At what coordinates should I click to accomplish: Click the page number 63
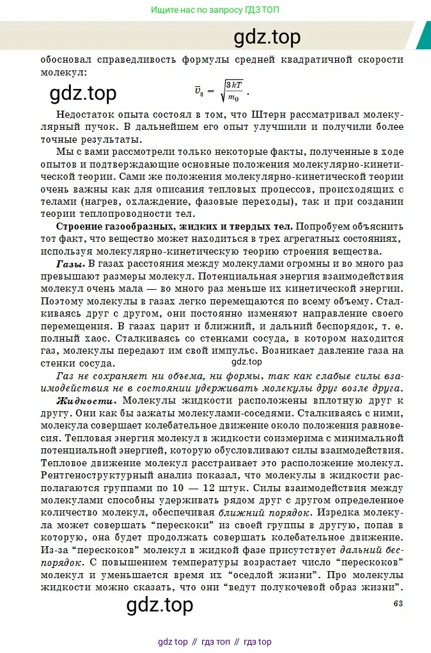[x=398, y=603]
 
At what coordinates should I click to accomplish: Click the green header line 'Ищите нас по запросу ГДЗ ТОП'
[x=215, y=10]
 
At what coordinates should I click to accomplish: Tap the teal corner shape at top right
[x=423, y=35]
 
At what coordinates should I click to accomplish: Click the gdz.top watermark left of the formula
[x=83, y=93]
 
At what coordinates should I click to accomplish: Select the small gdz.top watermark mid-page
[x=246, y=361]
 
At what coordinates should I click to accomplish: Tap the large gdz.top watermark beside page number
[x=160, y=604]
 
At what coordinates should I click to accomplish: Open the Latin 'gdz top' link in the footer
[x=173, y=641]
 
